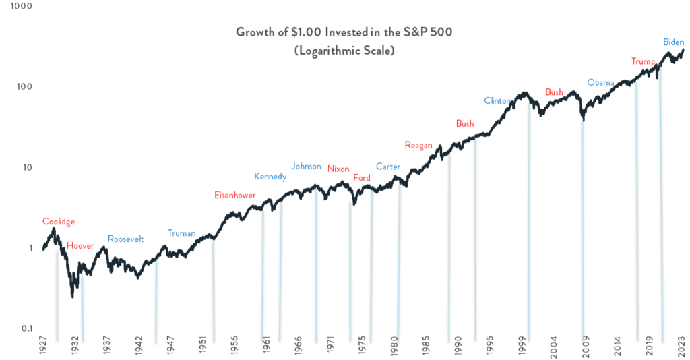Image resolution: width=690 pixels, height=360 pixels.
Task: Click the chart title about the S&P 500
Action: coord(344,32)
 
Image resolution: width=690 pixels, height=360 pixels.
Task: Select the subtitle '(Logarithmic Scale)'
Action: coord(344,51)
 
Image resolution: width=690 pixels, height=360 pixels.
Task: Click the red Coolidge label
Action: coord(59,221)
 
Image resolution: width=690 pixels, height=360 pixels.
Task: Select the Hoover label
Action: coord(80,245)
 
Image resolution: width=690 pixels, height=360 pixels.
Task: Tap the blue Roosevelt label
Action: coord(126,239)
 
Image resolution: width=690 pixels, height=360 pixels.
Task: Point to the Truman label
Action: coord(181,233)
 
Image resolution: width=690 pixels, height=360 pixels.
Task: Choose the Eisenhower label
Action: coord(235,195)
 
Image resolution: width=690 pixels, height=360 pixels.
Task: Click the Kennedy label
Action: coord(270,177)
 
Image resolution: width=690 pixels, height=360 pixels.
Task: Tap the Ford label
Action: coord(362,177)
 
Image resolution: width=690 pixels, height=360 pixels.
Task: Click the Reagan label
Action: coord(418,145)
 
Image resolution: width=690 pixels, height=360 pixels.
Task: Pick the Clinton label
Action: coord(498,101)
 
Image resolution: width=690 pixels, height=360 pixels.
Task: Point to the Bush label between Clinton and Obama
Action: coord(554,92)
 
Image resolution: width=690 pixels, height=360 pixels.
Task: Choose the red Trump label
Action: coord(643,62)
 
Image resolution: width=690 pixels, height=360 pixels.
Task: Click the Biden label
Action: coord(672,42)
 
